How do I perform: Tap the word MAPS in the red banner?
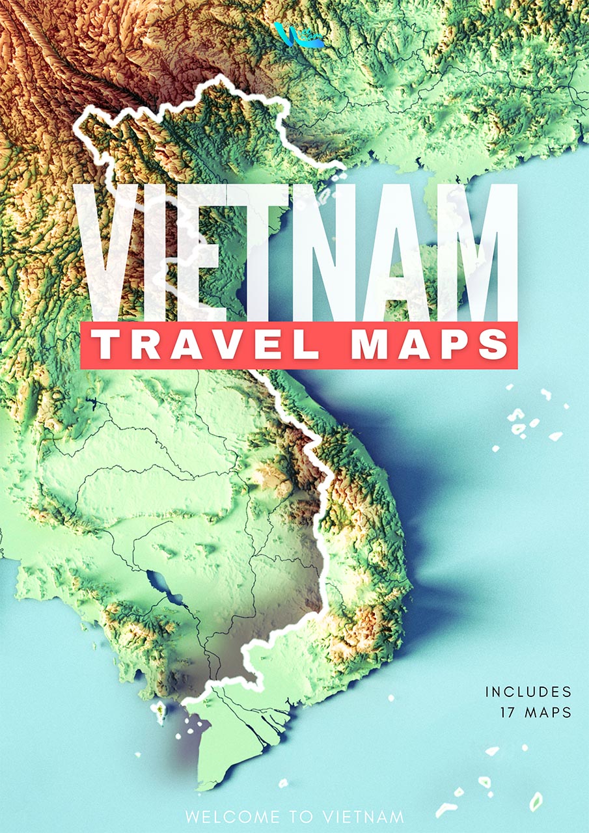pyautogui.click(x=430, y=346)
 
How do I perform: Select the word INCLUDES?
pyautogui.click(x=528, y=692)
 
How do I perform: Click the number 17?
pyautogui.click(x=508, y=712)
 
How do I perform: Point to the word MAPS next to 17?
pyautogui.click(x=547, y=712)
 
